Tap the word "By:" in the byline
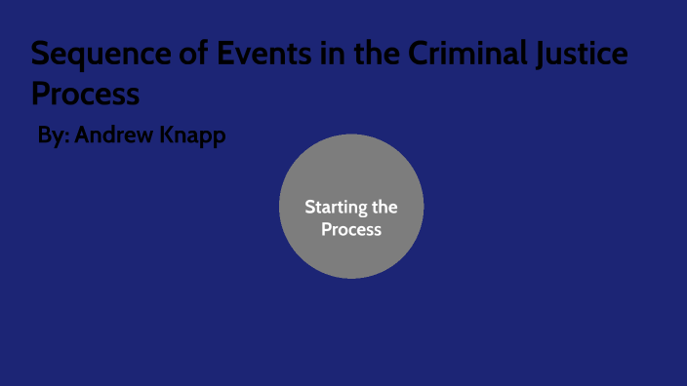point(53,135)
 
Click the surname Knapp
point(194,135)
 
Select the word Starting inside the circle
point(332,207)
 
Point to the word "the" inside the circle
point(383,207)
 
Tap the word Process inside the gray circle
point(351,230)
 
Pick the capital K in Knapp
point(170,135)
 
